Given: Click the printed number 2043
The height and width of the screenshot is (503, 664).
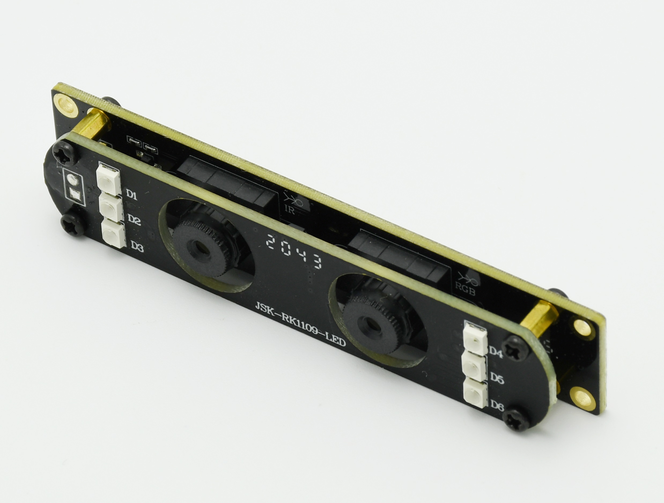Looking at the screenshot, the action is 294,252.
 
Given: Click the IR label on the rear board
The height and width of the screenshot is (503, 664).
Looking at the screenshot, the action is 290,210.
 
